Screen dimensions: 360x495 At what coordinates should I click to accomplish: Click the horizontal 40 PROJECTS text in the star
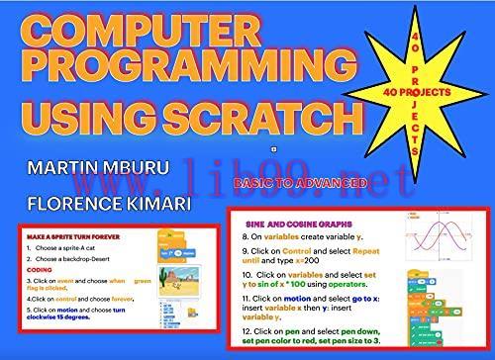tap(427, 90)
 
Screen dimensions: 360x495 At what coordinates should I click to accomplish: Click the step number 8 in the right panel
tap(247, 238)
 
